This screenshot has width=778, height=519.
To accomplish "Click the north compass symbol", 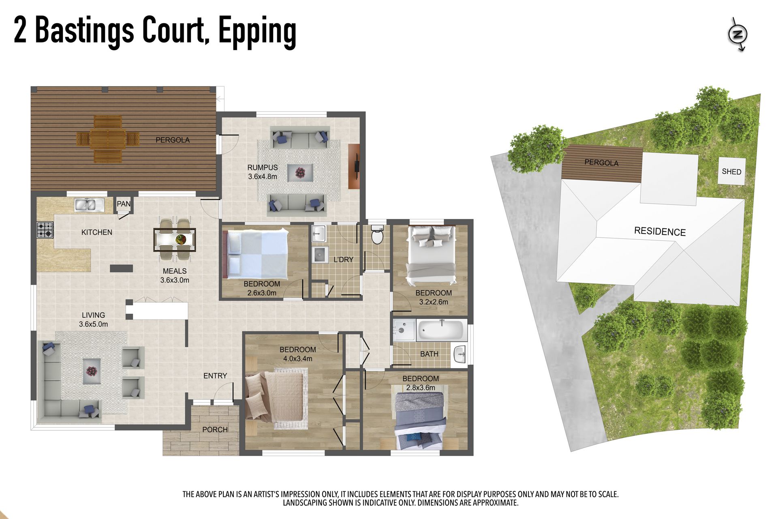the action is coord(737,34).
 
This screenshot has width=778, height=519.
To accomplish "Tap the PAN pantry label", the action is coord(124,204).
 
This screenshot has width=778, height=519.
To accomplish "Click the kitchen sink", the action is coord(90,205).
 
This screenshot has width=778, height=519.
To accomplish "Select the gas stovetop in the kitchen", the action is coord(45,230).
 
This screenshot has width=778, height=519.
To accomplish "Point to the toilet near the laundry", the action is coord(377,234).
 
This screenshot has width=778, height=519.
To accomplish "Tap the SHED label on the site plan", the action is coord(731,172).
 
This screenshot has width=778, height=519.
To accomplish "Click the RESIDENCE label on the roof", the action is coord(660,231).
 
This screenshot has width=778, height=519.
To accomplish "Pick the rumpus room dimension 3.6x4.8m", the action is coord(263,177).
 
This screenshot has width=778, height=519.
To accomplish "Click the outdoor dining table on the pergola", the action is coord(108,139).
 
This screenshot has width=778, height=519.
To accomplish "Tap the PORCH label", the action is coord(215,429).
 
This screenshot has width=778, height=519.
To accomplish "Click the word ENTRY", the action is coord(215,376).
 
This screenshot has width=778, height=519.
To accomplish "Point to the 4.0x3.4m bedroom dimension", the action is coord(298,359).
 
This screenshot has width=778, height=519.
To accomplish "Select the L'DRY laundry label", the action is coord(344,259).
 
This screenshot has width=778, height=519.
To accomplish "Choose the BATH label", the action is coord(429,354).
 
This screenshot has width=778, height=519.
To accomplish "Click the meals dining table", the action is coord(175,240).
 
